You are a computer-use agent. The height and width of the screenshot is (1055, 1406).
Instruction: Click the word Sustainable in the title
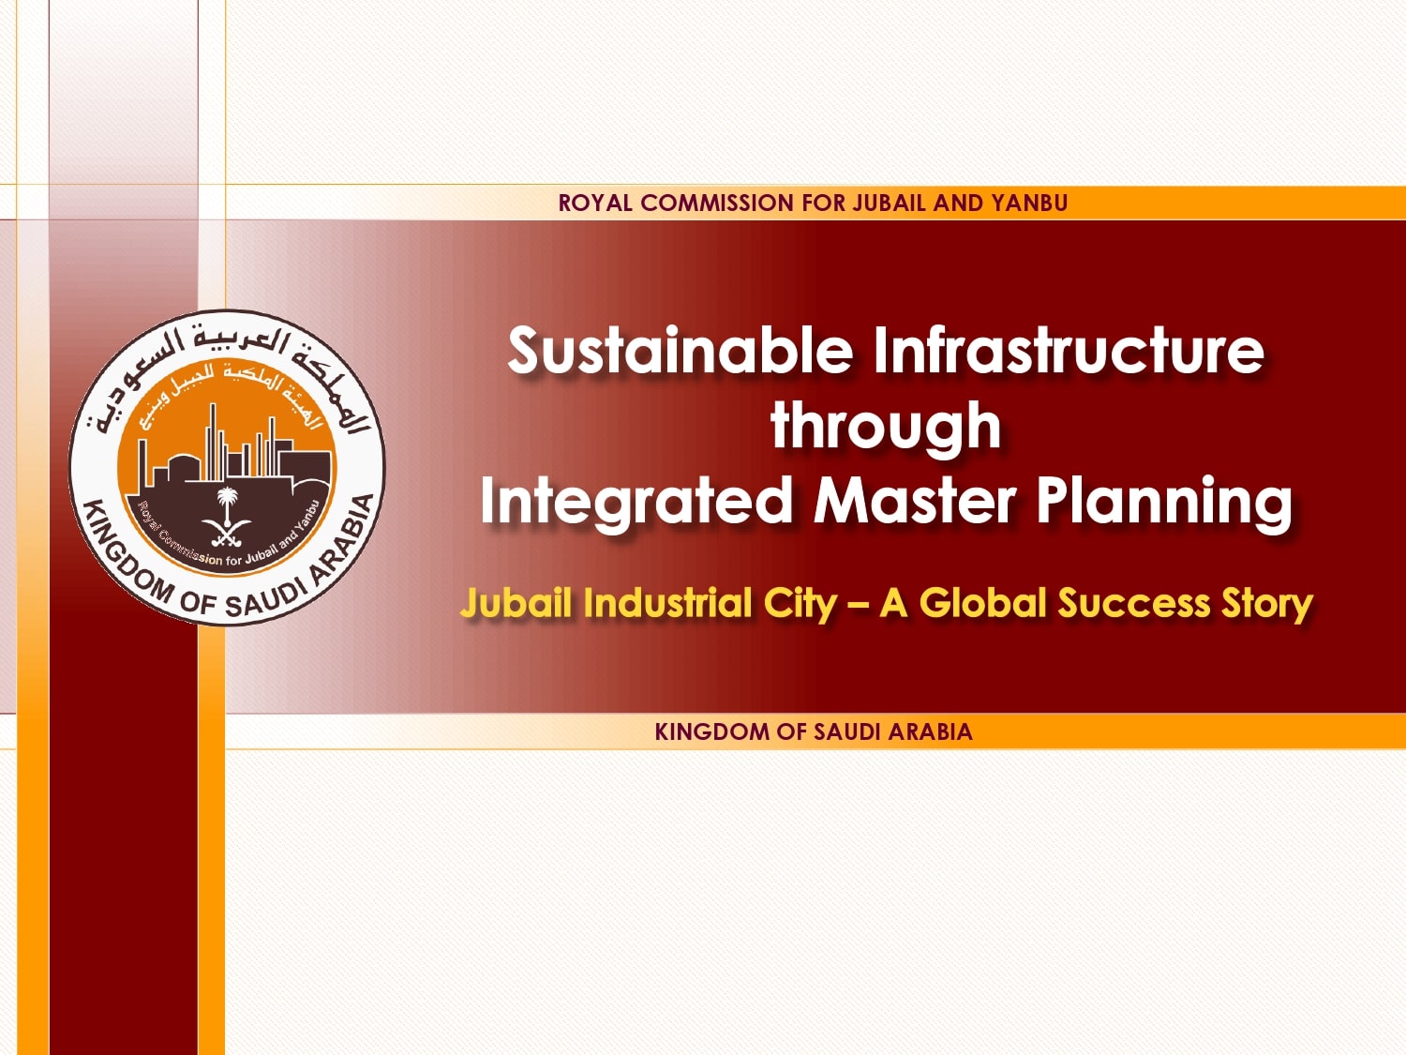pos(680,351)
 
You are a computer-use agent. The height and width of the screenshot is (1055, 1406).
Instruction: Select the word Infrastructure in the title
pos(1069,351)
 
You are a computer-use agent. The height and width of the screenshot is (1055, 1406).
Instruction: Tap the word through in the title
pos(886,427)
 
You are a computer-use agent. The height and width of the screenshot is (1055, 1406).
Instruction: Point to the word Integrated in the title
pos(637,501)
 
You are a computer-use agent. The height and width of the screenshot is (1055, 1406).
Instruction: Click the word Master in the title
pos(914,501)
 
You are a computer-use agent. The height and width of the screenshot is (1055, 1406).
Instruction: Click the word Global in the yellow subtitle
pos(983,603)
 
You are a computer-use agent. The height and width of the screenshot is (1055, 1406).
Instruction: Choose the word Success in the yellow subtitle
pos(1134,603)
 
